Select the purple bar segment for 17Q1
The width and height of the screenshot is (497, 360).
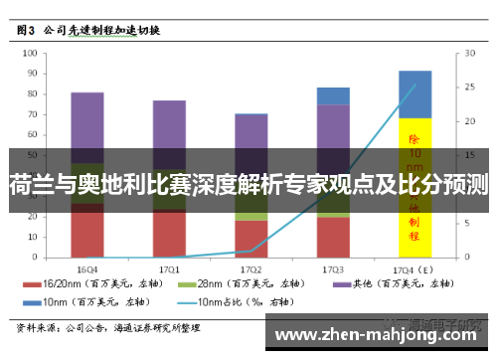point(169,129)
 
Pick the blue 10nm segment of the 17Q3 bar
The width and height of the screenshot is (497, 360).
point(333,95)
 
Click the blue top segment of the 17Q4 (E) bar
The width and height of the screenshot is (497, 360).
point(414,93)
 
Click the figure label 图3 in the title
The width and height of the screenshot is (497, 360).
point(28,31)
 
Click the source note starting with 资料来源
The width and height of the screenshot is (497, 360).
point(109,326)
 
